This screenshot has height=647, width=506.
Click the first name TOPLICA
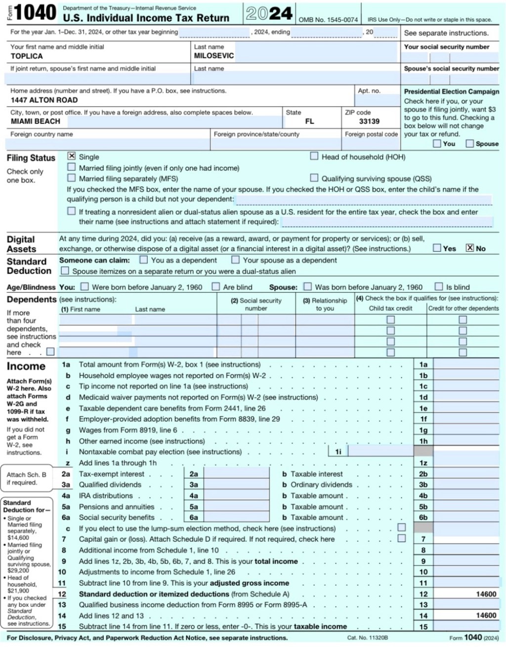[x=27, y=56]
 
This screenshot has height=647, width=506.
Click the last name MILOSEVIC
[x=213, y=56]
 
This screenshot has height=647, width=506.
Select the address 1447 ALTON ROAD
[x=44, y=100]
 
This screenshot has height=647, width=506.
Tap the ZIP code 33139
[x=369, y=121]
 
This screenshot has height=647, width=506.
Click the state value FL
[x=309, y=121]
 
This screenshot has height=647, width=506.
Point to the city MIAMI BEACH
[x=36, y=121]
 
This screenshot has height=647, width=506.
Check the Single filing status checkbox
[x=72, y=156]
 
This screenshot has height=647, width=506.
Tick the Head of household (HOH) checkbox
[x=314, y=156]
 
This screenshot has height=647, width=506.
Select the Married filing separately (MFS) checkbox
[x=72, y=178]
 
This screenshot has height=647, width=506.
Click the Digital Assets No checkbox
[x=470, y=248]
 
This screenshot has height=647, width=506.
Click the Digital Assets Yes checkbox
[x=437, y=248]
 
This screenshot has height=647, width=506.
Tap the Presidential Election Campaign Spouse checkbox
[x=469, y=143]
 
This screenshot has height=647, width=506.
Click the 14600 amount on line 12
[x=486, y=594]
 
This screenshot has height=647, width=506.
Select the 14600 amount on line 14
[x=486, y=615]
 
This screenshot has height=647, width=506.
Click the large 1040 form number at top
[x=35, y=13]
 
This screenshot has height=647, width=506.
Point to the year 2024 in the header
[x=269, y=13]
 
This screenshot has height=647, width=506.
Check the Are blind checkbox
[x=216, y=286]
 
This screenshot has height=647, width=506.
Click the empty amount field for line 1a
[x=466, y=364]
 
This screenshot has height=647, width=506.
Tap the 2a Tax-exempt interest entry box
[x=236, y=474]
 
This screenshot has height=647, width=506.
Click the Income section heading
[x=26, y=366]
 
